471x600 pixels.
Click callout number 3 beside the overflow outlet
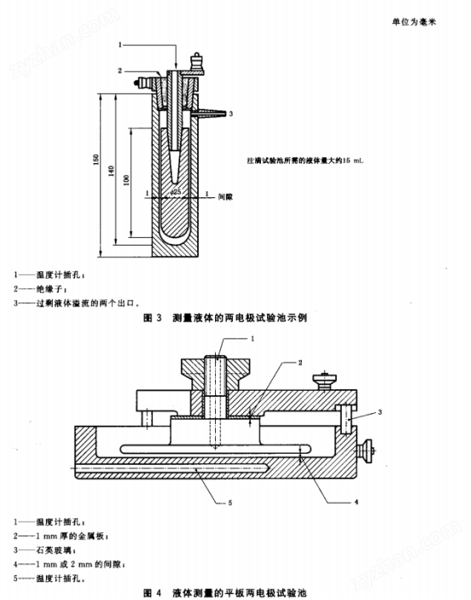tap(231, 113)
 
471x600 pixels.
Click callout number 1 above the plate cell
tap(253, 338)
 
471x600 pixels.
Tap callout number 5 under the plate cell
tap(229, 503)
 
